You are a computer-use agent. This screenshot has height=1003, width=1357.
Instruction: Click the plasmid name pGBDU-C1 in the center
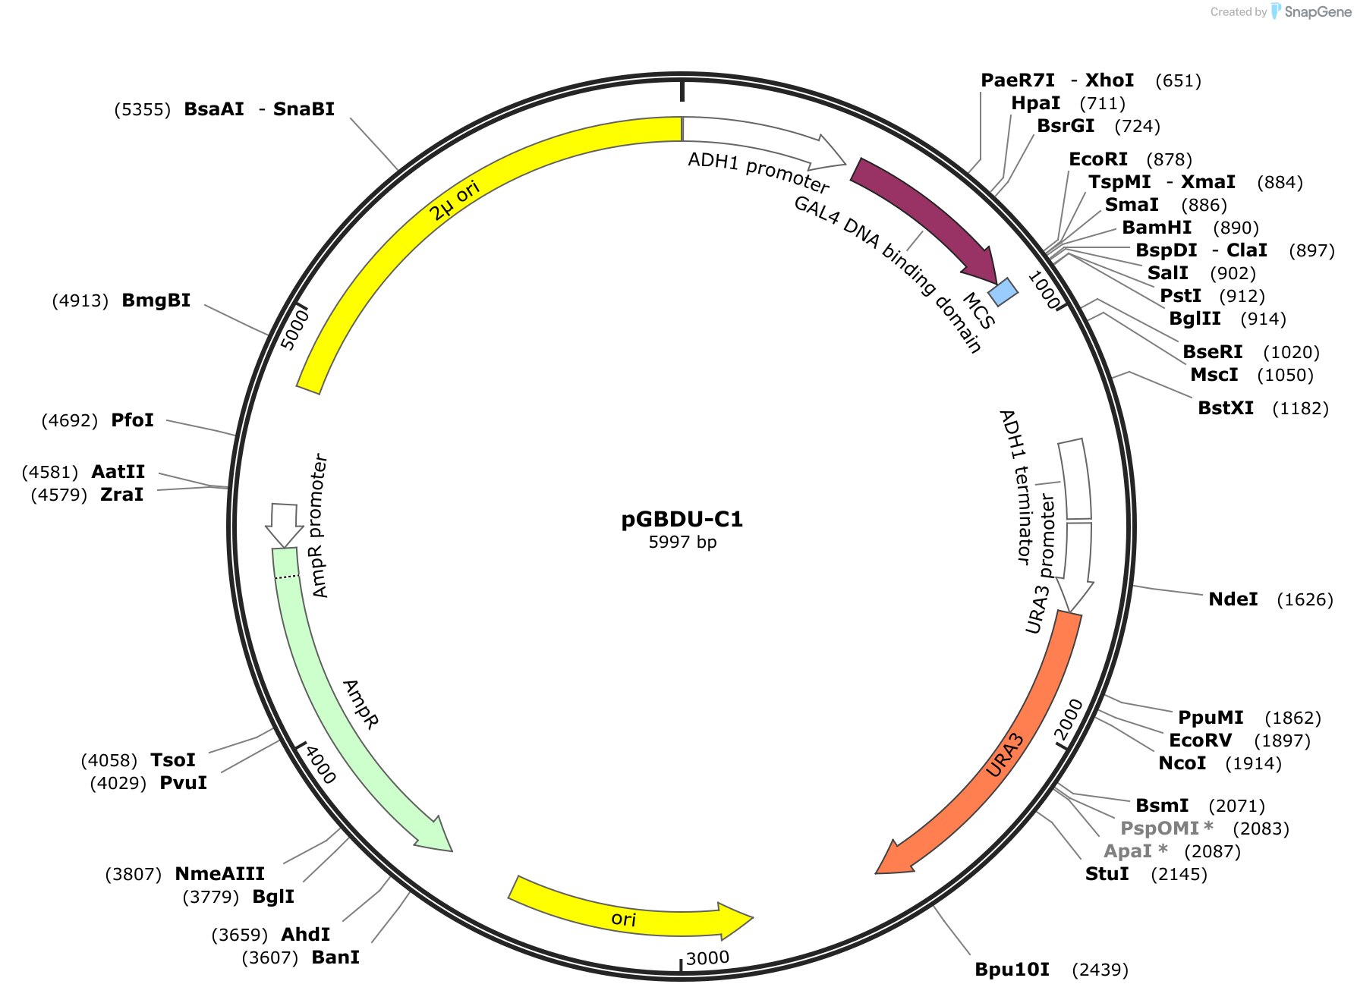point(682,519)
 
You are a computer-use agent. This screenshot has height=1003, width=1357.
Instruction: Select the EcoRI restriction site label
point(1098,159)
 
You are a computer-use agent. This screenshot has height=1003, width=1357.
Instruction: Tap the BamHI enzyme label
point(1157,228)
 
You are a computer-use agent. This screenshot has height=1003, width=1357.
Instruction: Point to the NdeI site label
point(1233,599)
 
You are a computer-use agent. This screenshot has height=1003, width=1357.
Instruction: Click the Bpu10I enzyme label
point(1012,970)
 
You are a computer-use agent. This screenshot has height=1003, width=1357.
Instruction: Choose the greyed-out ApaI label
point(1135,851)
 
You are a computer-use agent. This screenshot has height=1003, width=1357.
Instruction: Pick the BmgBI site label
point(156,300)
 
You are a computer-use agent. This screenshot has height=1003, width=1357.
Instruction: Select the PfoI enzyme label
point(133,420)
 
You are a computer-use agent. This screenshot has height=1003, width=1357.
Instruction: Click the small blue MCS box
point(1003,291)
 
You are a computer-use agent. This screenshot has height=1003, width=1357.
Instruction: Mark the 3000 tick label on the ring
point(707,957)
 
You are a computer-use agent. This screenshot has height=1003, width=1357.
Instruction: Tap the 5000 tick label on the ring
point(294,329)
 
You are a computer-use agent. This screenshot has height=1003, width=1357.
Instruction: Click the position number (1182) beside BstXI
point(1300,408)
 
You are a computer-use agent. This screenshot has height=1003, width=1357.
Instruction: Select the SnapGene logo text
point(1318,11)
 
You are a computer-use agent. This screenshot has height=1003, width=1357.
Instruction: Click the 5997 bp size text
point(682,542)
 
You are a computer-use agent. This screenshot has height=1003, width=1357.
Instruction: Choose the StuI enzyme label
point(1107,874)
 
